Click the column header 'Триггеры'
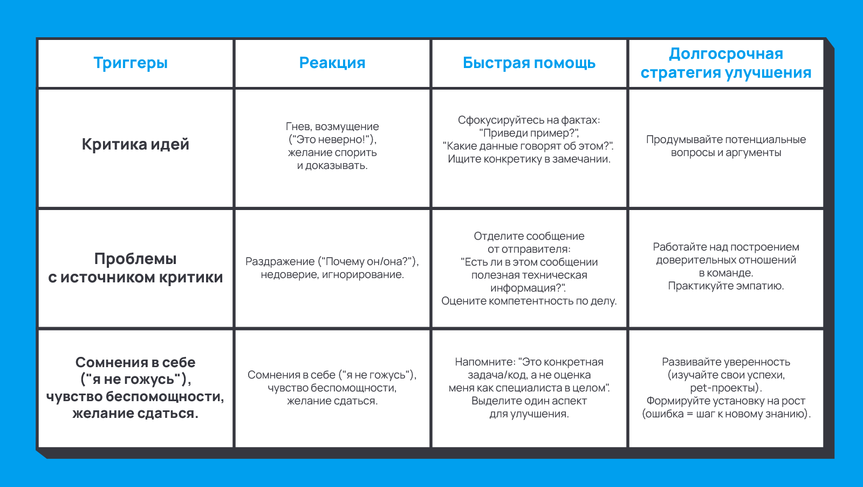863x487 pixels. point(131,63)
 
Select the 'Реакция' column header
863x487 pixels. point(332,63)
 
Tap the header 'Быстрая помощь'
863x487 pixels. point(529,63)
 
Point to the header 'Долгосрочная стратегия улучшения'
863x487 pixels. point(725,63)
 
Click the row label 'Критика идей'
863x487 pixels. point(135,145)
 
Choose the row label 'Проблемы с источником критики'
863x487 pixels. point(135,268)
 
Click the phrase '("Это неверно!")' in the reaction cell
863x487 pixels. point(332,139)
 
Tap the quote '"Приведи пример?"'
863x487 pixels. point(529,133)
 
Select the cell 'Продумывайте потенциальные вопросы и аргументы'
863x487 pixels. point(726,146)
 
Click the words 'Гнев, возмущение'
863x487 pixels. point(332,126)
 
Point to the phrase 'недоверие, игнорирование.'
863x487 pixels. point(332,274)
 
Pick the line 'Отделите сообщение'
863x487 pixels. point(529,236)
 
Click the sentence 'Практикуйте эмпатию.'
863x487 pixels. point(726,286)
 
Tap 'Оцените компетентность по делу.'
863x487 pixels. point(529,301)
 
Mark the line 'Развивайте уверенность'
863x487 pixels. point(726,362)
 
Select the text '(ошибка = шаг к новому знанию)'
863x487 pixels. point(725,414)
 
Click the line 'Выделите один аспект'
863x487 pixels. point(529,401)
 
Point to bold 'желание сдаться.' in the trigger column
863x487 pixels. point(135,414)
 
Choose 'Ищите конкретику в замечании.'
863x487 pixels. point(529,159)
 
